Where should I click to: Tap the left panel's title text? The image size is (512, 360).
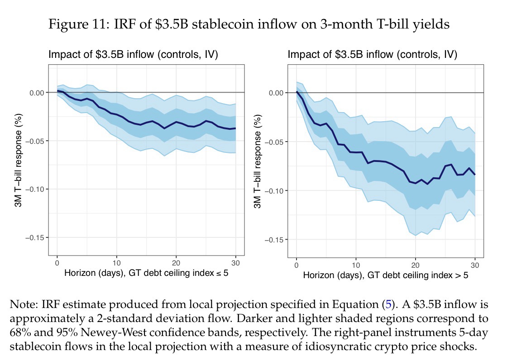(133, 55)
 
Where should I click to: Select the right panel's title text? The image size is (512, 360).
(372, 55)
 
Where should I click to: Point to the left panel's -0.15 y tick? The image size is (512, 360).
(34, 237)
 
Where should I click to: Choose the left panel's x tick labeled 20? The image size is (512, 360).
(176, 263)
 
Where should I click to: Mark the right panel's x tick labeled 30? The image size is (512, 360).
(475, 265)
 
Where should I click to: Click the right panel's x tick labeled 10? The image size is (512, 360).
(356, 265)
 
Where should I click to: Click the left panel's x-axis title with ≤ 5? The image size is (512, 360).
(146, 273)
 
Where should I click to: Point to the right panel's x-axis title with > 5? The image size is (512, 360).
(385, 275)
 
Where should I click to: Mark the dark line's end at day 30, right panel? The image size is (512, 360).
(475, 175)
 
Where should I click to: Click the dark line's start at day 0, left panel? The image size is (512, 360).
(57, 91)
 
